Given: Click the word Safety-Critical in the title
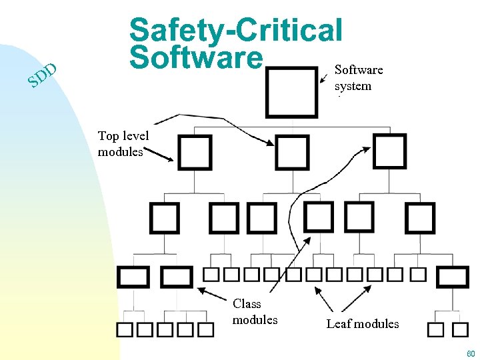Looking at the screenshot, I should pos(236,30).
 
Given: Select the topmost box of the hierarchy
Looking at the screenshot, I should pos(291,92).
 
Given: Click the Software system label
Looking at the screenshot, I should pos(358,78).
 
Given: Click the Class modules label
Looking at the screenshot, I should pos(255,311).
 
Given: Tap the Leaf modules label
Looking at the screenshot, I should pos(363,324).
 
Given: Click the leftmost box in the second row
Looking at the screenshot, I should pos(195,153).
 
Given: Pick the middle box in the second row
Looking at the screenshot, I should pos(292,153).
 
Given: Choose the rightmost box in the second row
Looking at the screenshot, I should pos(389,153).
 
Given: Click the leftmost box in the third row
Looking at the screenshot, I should pos(164,218).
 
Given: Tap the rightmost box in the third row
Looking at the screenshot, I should pos(420,218).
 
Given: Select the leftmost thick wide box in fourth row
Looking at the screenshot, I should pos(133,276).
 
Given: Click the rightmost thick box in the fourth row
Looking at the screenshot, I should pos(453,276).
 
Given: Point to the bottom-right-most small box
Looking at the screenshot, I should pos(460,329).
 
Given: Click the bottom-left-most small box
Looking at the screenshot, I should pos(125,329).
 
